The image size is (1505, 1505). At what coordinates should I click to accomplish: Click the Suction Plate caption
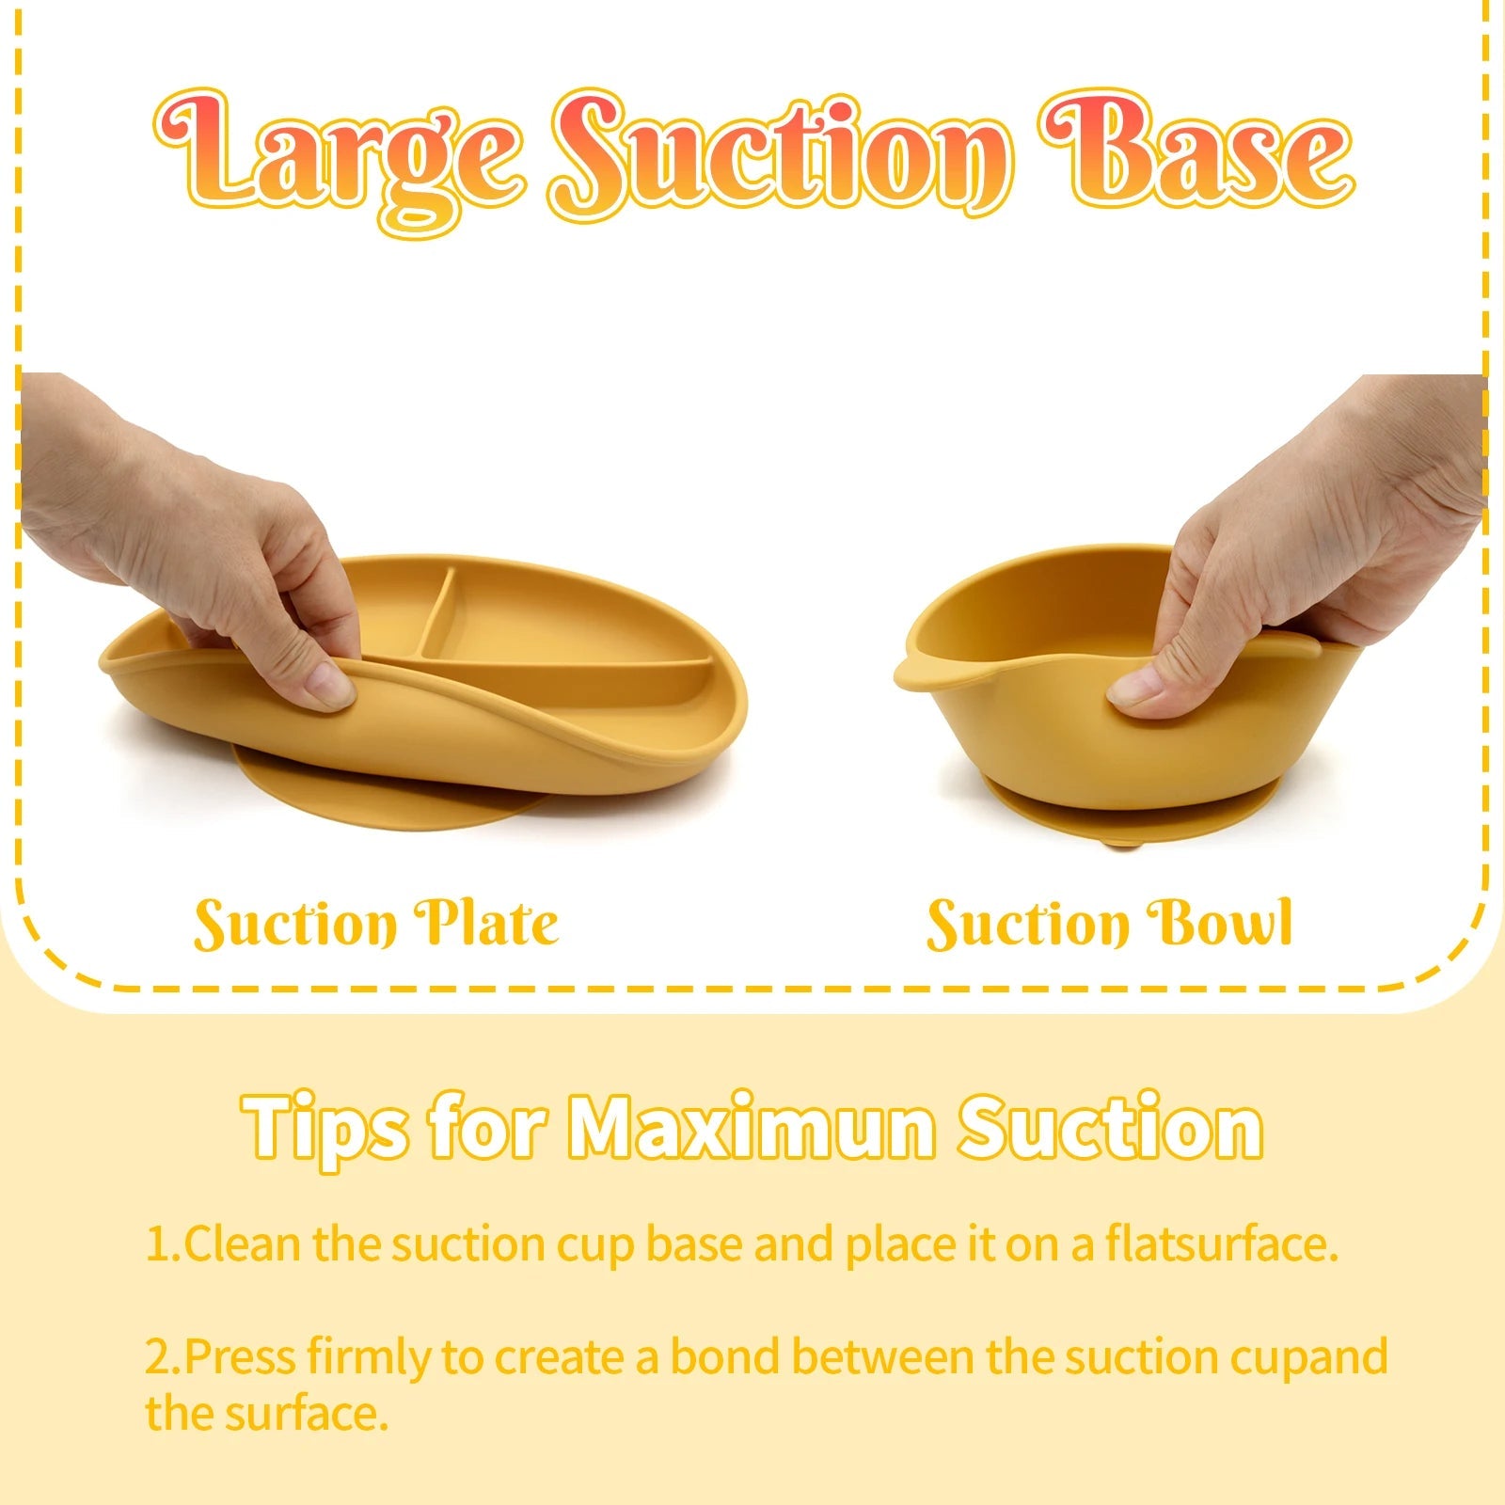click(x=376, y=924)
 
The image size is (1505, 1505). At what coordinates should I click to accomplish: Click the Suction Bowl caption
click(x=1110, y=924)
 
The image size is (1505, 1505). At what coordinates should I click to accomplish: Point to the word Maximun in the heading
click(x=752, y=1127)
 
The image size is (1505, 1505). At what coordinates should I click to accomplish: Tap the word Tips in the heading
click(x=325, y=1127)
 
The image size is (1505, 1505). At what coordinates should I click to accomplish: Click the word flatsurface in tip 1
click(x=1221, y=1244)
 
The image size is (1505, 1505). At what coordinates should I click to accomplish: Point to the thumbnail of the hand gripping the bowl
click(x=1317, y=546)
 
